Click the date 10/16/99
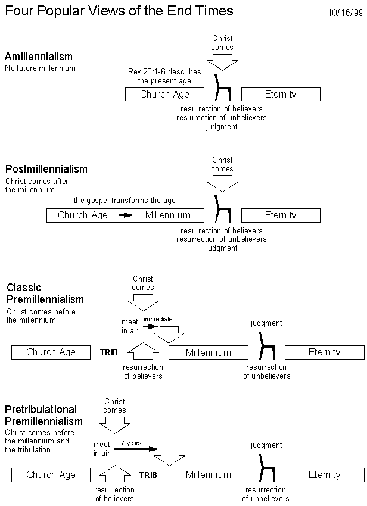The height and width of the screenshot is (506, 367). point(346,13)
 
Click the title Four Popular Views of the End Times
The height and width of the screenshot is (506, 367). point(119,11)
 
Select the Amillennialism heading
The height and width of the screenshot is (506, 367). point(39,57)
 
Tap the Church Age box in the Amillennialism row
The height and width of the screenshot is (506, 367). point(165,94)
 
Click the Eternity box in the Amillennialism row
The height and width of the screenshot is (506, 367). point(281,94)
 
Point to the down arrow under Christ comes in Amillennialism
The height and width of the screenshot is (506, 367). point(222,63)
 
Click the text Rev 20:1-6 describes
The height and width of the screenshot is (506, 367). point(164,71)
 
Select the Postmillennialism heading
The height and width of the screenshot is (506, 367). point(46,169)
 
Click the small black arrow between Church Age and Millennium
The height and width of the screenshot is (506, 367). point(126,215)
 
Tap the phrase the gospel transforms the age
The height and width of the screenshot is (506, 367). point(125,201)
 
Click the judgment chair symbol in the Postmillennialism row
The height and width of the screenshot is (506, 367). point(223,209)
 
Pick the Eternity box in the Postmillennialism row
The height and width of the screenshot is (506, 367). point(281,215)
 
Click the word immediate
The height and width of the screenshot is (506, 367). point(158,319)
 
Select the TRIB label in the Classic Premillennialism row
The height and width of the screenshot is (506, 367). point(109,353)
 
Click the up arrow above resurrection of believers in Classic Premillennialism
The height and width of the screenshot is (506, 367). point(143,351)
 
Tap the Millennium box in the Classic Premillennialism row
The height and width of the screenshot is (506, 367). point(209,352)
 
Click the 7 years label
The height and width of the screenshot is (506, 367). point(131,443)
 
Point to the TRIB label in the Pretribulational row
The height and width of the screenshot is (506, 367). point(148,475)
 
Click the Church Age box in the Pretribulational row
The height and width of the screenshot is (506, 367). point(51,474)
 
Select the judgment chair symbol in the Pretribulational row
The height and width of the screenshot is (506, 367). point(267,468)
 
